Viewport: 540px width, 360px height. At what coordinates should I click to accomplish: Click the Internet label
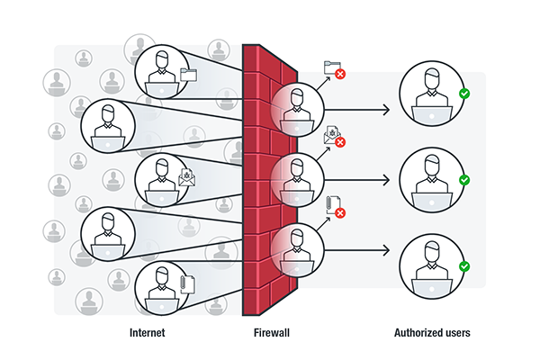[147, 333]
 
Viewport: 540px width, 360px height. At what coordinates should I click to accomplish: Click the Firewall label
[272, 333]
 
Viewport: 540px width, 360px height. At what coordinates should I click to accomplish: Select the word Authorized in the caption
[415, 333]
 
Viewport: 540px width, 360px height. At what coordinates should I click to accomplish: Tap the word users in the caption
[454, 333]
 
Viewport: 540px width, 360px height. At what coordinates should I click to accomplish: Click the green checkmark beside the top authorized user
[464, 94]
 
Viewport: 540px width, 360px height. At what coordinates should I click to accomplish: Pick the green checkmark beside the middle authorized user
[464, 180]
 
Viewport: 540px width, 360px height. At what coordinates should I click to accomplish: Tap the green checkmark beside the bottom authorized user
[464, 266]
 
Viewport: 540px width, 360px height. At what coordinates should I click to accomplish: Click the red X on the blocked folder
[340, 74]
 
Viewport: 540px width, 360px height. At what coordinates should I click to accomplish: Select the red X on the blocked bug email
[340, 142]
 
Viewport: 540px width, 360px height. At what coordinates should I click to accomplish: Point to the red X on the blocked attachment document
[340, 213]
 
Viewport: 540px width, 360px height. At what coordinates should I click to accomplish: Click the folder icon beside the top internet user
[188, 75]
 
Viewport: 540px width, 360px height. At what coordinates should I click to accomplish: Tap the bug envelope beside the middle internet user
[186, 178]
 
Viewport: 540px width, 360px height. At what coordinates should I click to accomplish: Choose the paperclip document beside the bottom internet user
[187, 284]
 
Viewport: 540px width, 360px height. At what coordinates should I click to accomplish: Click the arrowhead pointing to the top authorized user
[387, 110]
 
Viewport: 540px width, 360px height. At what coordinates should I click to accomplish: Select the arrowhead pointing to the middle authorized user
[387, 180]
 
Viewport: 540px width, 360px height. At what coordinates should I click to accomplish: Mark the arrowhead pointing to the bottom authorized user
[387, 250]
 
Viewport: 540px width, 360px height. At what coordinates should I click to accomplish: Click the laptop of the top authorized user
[432, 115]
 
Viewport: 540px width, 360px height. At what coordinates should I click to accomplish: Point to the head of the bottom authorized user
[432, 251]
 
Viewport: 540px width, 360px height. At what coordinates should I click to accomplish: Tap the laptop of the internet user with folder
[161, 90]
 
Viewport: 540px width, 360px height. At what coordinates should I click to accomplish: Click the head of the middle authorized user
[432, 165]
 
